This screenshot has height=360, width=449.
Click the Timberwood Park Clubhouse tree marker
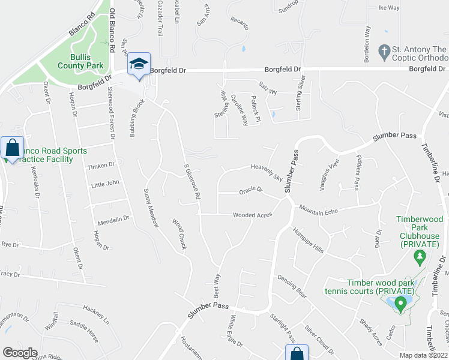tap(420, 259)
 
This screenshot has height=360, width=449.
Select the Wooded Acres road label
tap(253, 215)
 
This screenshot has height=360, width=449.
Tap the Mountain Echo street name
tap(319, 208)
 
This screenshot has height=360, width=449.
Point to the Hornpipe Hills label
tap(308, 240)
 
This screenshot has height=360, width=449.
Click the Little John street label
tap(105, 185)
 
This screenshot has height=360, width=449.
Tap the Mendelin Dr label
tap(113, 219)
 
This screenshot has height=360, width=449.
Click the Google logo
tap(20, 353)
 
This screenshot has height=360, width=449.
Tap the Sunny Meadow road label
tap(151, 208)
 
